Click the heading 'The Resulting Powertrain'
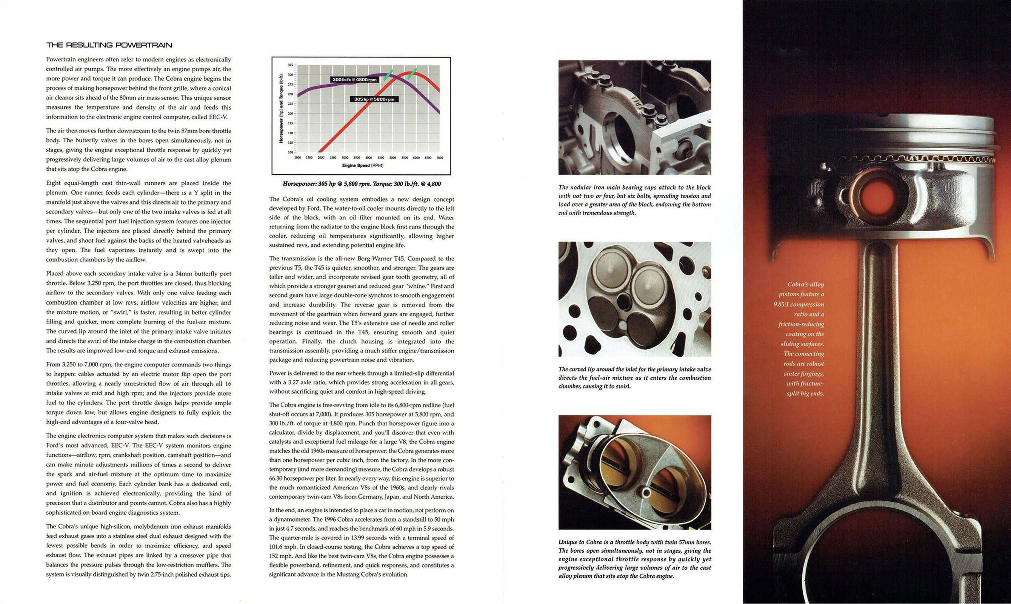click(109, 45)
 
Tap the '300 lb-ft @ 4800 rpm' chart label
click(354, 79)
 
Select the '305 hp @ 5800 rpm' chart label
click(374, 99)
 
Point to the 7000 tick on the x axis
click(439, 157)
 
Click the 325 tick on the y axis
click(290, 65)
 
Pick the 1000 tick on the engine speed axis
click(297, 157)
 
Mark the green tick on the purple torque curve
click(388, 74)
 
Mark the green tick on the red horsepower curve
click(412, 74)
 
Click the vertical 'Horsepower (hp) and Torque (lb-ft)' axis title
click(281, 109)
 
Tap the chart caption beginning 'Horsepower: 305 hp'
click(361, 184)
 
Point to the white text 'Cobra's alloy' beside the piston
click(805, 285)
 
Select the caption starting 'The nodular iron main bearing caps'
click(634, 200)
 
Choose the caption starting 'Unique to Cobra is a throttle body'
click(634, 559)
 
